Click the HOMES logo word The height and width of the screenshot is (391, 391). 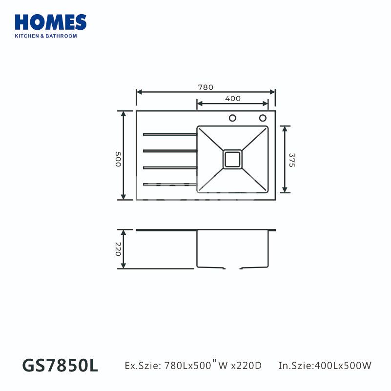click(x=51, y=22)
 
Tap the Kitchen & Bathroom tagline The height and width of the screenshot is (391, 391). click(x=46, y=36)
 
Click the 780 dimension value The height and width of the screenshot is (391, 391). click(x=206, y=87)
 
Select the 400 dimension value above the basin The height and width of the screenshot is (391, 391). click(x=233, y=99)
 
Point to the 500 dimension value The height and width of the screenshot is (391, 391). click(x=118, y=159)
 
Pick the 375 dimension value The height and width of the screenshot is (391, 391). click(x=291, y=161)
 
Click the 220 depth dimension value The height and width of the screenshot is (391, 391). click(x=118, y=250)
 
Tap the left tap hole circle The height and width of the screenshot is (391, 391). click(x=233, y=118)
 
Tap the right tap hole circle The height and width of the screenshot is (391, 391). click(x=263, y=118)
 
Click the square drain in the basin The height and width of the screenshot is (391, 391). click(x=232, y=159)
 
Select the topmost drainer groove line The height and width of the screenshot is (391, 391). click(x=169, y=133)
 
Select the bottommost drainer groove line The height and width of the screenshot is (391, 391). click(x=169, y=184)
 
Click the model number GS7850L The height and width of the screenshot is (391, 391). click(x=60, y=366)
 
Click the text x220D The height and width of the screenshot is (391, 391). click(x=246, y=366)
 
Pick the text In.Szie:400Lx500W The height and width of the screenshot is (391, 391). click(x=325, y=366)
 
